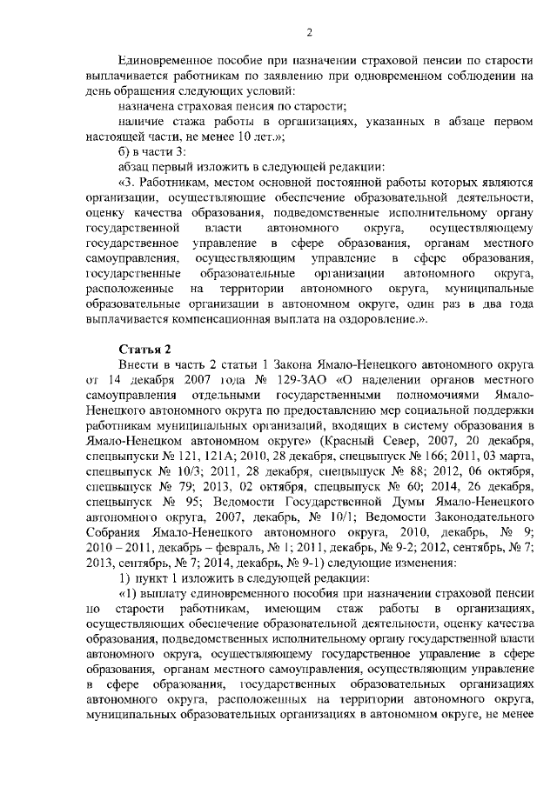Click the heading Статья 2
coord(143,349)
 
